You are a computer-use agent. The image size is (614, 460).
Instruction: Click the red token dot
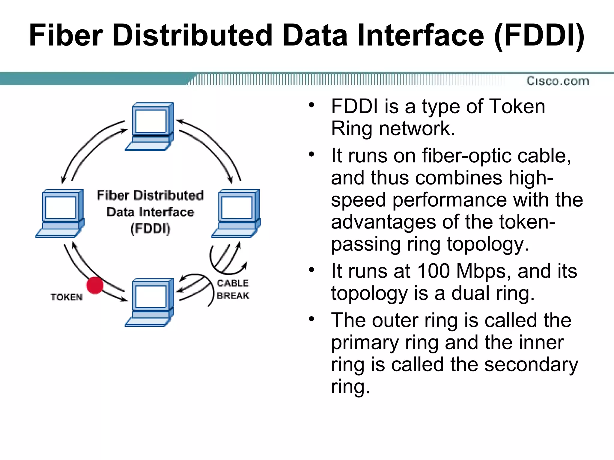[95, 285]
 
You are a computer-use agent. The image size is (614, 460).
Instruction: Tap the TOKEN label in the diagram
[67, 297]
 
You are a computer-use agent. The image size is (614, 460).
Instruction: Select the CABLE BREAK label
[233, 289]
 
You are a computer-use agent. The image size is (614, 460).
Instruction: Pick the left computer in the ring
[60, 213]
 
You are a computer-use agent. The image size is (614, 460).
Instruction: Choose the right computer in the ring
[236, 213]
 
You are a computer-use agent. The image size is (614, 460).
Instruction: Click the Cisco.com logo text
[558, 81]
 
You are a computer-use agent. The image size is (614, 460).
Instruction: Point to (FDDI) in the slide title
[539, 35]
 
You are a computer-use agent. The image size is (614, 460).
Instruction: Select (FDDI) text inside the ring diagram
[150, 229]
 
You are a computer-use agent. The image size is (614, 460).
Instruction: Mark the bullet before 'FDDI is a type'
[311, 105]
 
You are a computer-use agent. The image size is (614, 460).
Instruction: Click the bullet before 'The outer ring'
[311, 319]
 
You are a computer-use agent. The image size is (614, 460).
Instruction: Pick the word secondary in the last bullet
[531, 365]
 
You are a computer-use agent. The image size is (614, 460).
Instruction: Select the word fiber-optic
[467, 156]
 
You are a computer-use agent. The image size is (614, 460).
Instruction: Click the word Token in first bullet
[517, 106]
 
